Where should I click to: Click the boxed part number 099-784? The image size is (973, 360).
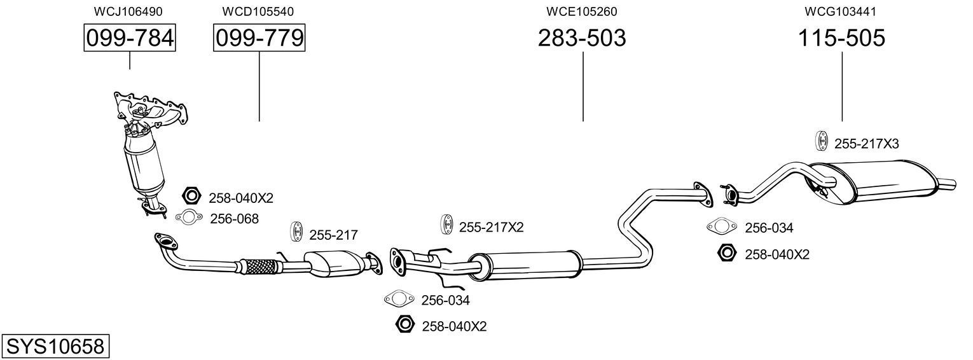[x=130, y=38]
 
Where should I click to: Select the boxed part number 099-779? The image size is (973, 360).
[x=259, y=38]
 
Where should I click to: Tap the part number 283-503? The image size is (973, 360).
[x=582, y=38]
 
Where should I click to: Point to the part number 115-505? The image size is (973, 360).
[x=841, y=38]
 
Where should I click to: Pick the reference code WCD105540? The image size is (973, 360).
[x=258, y=11]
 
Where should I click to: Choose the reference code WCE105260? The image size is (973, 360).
[x=582, y=11]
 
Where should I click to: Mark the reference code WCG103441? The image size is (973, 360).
[x=841, y=11]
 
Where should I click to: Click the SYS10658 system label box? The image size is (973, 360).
[x=55, y=347]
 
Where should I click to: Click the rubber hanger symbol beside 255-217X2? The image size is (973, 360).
[x=446, y=226]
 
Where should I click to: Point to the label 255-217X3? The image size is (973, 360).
[x=866, y=144]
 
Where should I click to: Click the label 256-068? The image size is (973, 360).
[x=234, y=219]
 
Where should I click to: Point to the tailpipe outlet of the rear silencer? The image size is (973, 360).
[x=948, y=184]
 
